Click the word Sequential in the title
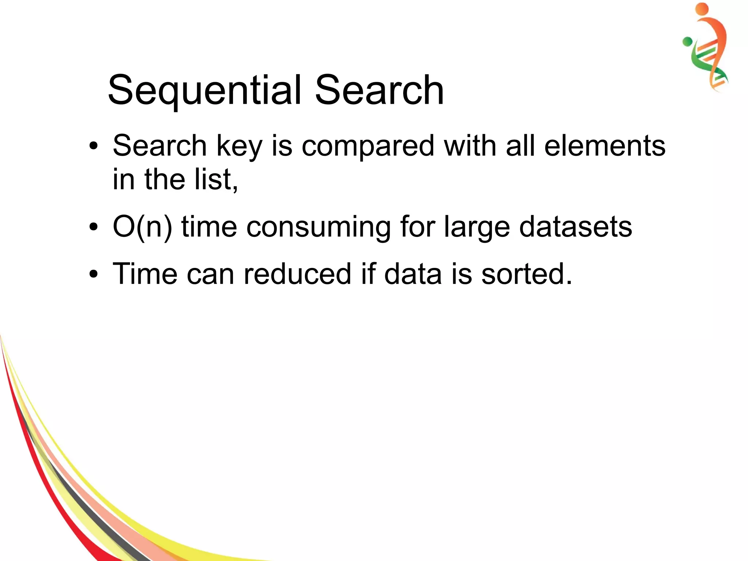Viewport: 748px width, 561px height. (205, 90)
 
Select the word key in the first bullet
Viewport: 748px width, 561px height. (239, 146)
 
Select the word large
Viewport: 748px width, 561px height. (477, 227)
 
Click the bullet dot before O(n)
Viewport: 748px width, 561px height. (94, 227)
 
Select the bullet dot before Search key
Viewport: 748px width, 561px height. (94, 147)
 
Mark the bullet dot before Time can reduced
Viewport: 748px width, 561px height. (94, 274)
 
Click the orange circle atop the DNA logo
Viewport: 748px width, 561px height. (702, 9)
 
